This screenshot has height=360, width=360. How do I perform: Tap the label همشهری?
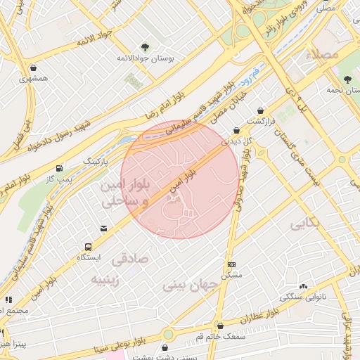point(34,77)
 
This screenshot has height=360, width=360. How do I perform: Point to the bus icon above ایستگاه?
point(89,247)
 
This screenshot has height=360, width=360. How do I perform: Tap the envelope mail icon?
point(104,229)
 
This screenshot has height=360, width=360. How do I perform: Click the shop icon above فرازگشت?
point(261,110)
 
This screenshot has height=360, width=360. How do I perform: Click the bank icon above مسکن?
point(231,264)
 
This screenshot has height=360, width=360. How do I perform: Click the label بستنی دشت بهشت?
point(165,357)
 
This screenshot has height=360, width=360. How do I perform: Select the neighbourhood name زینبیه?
point(110,279)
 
